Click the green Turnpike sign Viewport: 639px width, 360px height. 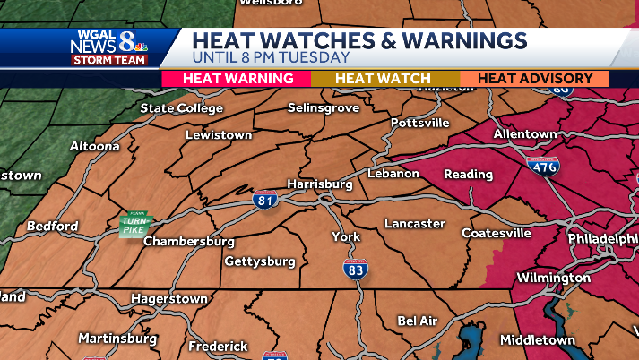135,225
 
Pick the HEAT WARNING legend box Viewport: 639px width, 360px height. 238,79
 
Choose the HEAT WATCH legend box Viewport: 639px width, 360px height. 383,79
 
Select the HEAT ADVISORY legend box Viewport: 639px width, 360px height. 534,79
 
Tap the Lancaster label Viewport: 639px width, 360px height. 414,223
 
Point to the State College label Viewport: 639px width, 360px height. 181,108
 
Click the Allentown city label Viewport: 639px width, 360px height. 525,133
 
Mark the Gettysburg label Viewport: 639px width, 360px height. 259,261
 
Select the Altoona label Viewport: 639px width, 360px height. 95,146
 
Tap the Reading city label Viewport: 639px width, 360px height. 468,174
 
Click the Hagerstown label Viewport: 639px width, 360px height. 169,298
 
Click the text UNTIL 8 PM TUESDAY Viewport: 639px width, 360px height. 272,57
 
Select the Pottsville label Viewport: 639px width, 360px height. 419,123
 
